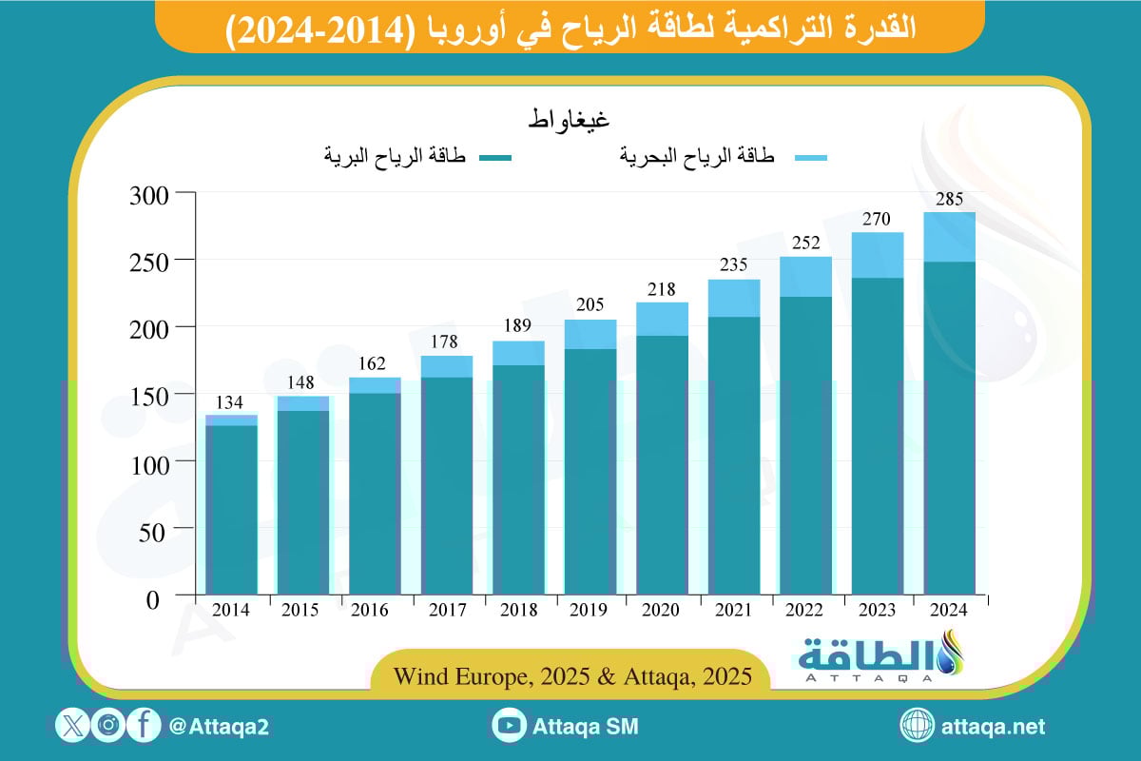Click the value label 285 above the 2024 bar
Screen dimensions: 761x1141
(x=949, y=200)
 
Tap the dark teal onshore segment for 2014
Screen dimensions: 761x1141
(x=232, y=510)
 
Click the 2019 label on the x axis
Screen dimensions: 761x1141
(x=590, y=611)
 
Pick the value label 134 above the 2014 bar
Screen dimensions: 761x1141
(x=232, y=402)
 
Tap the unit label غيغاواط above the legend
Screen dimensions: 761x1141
(x=569, y=122)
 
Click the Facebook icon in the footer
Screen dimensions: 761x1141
(x=143, y=726)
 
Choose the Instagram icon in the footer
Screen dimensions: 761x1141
(x=108, y=726)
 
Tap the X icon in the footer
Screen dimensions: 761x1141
(x=73, y=726)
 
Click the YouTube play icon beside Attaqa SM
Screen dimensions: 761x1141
(x=511, y=726)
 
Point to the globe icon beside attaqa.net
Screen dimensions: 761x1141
(x=918, y=726)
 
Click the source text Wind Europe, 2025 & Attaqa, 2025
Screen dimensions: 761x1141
(x=571, y=677)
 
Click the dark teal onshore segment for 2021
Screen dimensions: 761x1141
(x=733, y=457)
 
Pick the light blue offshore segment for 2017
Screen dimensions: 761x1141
(x=447, y=367)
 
